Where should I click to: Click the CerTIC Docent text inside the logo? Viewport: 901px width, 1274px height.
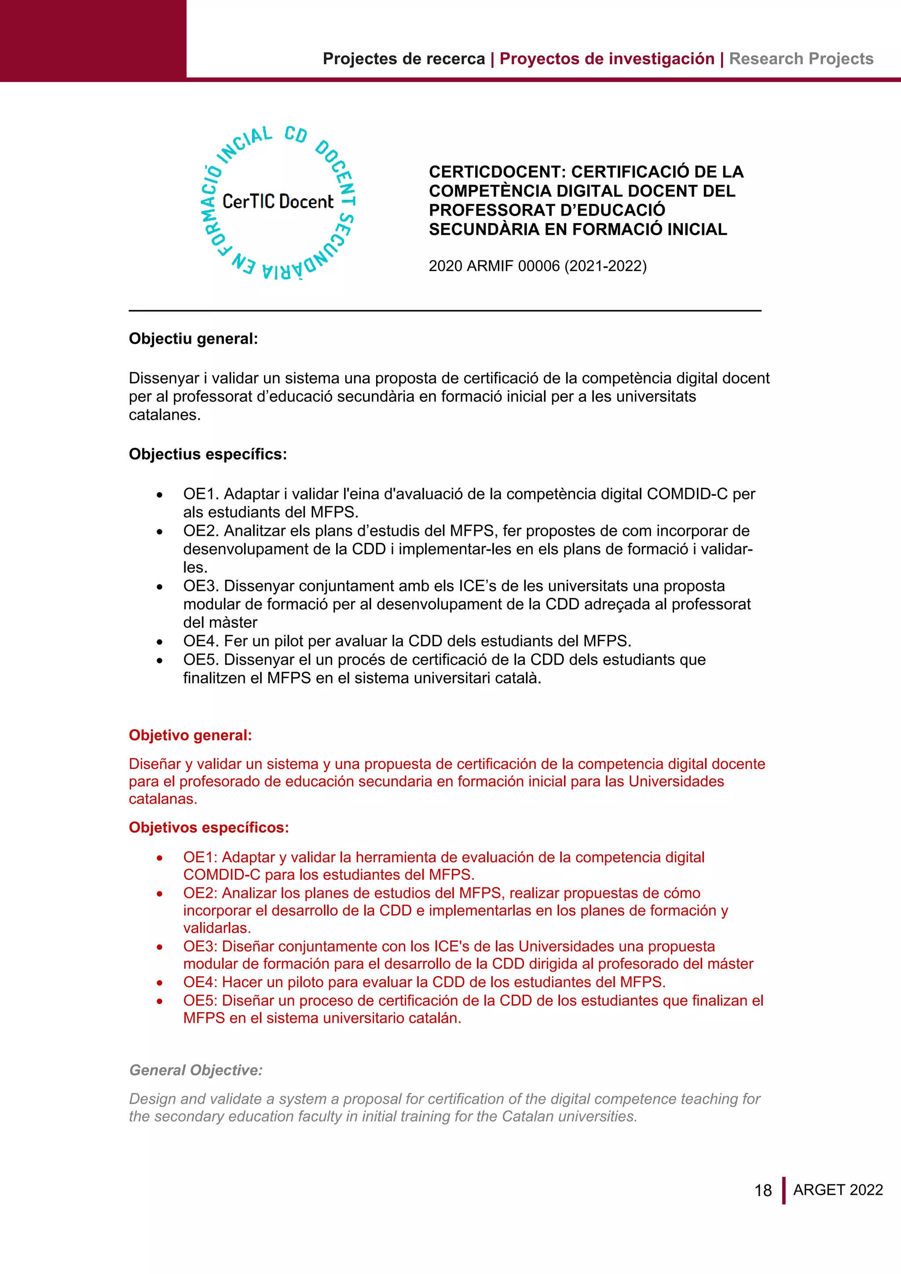278,201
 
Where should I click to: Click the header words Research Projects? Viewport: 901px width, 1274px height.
801,59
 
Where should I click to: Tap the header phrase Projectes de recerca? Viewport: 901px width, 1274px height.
403,59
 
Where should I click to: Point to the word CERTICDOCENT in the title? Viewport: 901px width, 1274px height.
497,172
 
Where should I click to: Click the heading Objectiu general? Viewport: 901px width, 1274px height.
193,339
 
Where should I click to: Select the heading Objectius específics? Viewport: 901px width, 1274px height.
208,454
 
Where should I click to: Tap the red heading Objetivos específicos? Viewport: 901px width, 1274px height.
209,828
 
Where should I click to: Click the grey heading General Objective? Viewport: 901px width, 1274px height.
195,1070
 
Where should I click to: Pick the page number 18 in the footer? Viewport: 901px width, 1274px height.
763,1191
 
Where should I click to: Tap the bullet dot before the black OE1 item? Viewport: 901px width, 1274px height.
160,495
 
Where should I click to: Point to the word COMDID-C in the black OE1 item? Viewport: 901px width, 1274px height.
687,494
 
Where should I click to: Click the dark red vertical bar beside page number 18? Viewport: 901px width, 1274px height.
784,1191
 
